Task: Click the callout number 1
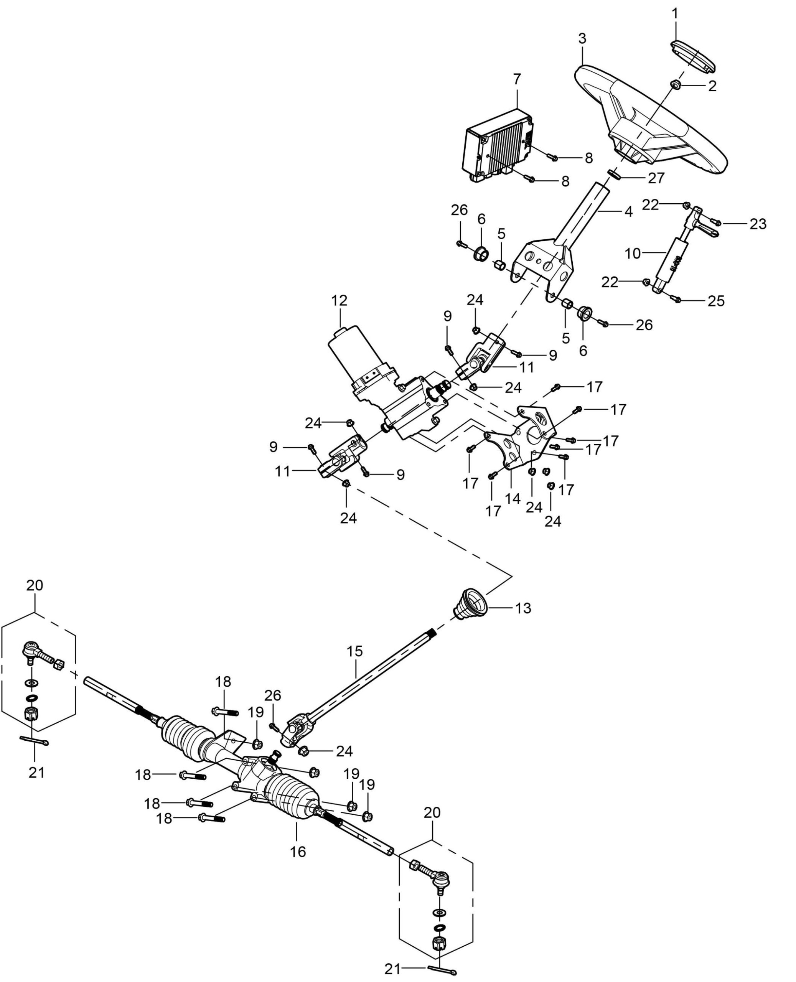tap(674, 14)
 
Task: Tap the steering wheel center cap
tap(693, 56)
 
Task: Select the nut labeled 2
tap(676, 84)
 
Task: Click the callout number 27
tap(656, 178)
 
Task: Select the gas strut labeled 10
tap(669, 261)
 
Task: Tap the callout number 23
tap(758, 224)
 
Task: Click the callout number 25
tap(716, 301)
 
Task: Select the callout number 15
tap(355, 651)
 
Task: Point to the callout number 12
tap(340, 301)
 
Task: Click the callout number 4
tap(628, 211)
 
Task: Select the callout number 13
tap(523, 608)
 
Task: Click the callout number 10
tap(633, 253)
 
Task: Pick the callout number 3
tap(582, 38)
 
